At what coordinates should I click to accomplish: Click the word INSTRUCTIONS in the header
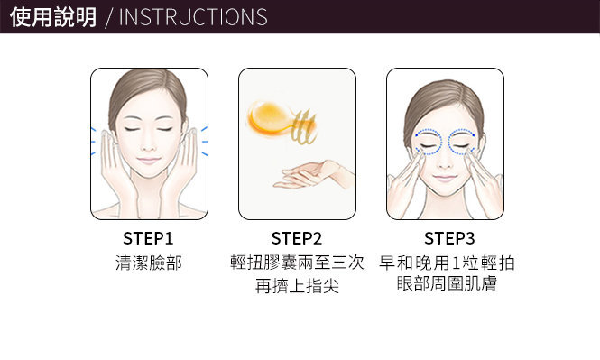[193, 17]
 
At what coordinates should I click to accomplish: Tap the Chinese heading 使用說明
[53, 17]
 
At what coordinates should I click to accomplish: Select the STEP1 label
[148, 238]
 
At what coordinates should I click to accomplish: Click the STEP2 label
[297, 238]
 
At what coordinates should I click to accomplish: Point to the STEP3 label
[449, 238]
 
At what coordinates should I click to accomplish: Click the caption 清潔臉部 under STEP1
[149, 263]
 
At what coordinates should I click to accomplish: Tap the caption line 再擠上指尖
[297, 286]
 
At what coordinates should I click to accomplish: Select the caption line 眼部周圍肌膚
[447, 284]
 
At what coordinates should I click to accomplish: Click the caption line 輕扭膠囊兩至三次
[297, 263]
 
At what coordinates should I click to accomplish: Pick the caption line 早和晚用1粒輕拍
[447, 263]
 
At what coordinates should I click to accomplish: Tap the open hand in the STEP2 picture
[314, 174]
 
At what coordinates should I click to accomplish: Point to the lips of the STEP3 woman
[445, 179]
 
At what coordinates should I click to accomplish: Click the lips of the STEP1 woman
[149, 161]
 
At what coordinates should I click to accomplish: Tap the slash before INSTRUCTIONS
[109, 18]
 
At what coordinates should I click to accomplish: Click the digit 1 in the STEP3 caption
[455, 263]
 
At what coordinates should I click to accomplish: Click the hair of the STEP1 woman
[147, 90]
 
